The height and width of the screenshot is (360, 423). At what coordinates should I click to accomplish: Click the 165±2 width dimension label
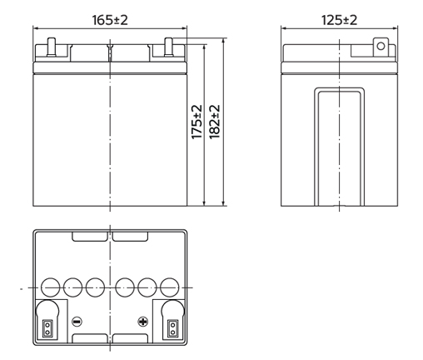(x=110, y=20)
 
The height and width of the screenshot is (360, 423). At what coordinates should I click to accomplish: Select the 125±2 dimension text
(x=339, y=20)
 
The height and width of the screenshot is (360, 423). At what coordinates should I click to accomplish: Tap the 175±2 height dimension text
(x=197, y=122)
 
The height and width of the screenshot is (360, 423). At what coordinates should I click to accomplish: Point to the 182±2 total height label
(x=214, y=122)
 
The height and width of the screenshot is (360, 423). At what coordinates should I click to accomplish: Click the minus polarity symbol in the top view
(x=77, y=322)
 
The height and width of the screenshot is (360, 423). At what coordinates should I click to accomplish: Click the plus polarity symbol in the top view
(x=142, y=322)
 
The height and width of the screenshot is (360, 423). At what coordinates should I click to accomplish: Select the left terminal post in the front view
(x=51, y=47)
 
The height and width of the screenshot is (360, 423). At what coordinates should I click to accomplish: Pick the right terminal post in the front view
(x=168, y=47)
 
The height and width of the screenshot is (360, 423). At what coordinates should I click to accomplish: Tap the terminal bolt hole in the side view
(x=381, y=46)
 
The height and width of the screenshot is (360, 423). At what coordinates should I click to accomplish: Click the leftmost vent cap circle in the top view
(x=50, y=287)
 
